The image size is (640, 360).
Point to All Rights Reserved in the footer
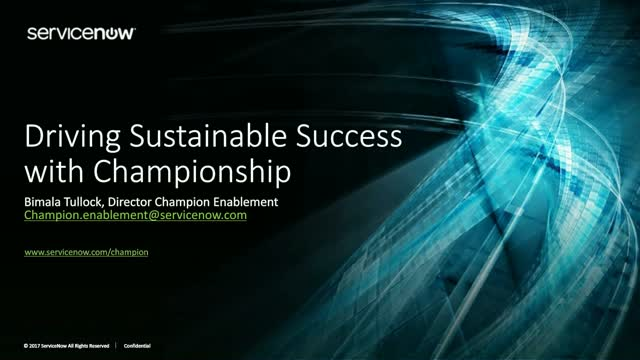tap(90, 345)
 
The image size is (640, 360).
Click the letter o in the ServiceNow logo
tap(113, 33)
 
